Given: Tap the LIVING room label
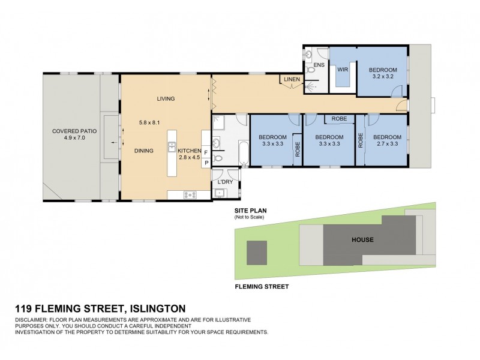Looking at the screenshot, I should (x=166, y=99).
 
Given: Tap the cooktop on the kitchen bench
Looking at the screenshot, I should (x=190, y=194).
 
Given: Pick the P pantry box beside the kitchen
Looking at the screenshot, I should (x=207, y=163).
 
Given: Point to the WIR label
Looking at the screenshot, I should (x=343, y=70).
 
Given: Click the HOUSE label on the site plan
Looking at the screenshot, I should (x=362, y=240).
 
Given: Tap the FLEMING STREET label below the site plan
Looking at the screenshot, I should (x=262, y=287).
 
